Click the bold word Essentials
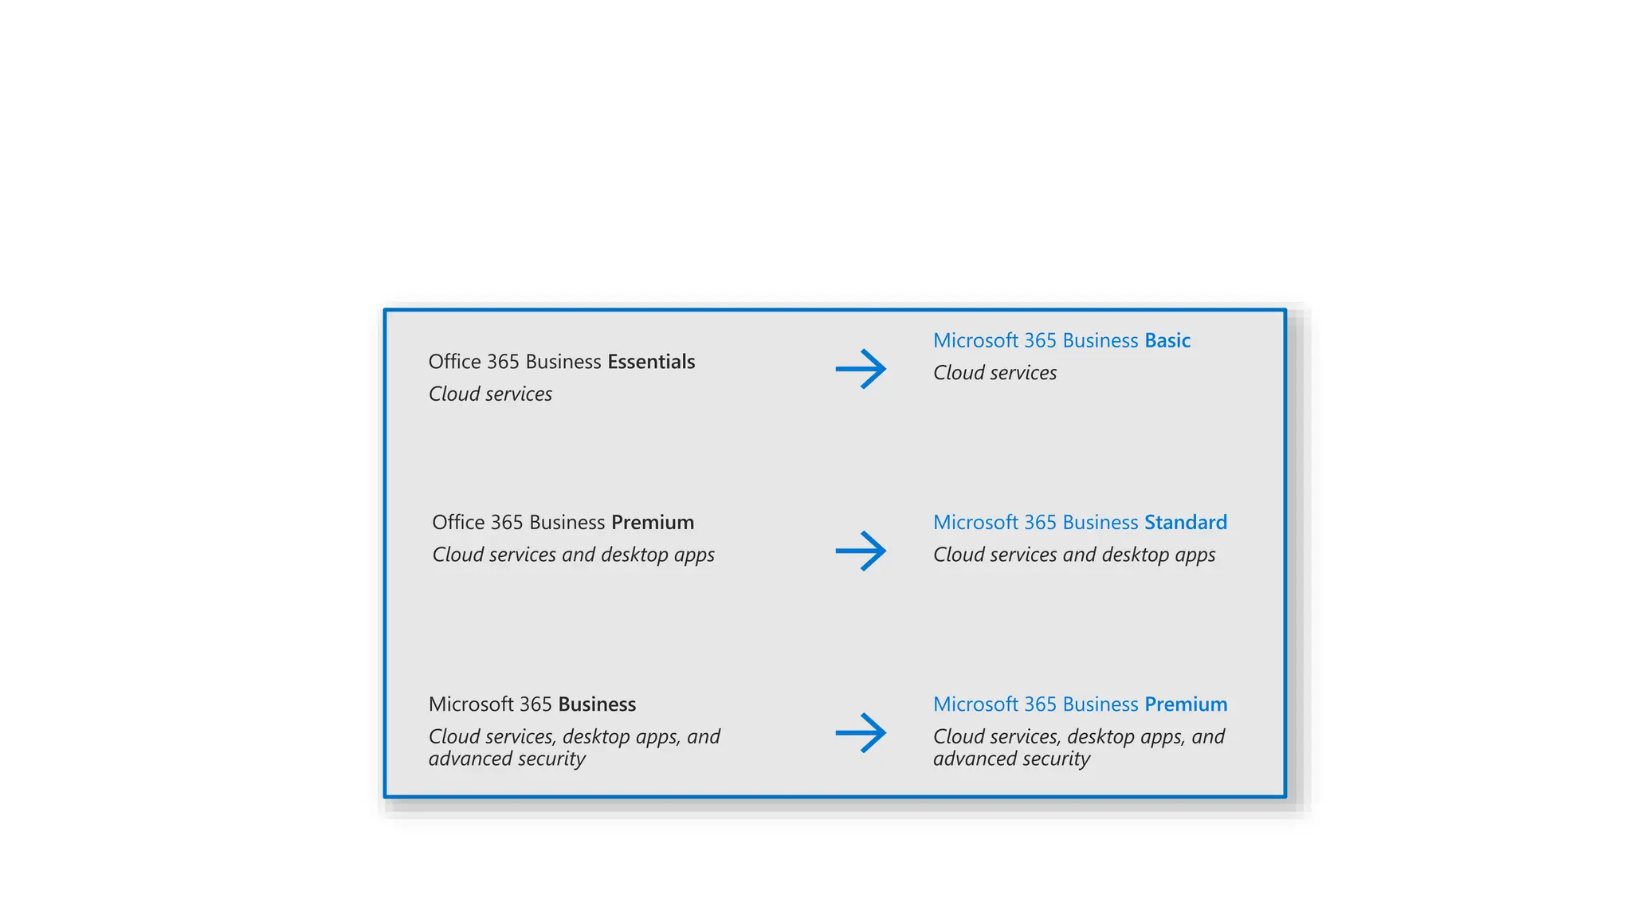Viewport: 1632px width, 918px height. click(x=651, y=362)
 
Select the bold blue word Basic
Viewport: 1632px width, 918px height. click(x=1167, y=340)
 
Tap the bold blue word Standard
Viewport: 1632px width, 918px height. click(x=1186, y=522)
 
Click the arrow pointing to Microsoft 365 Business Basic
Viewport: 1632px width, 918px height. click(x=861, y=369)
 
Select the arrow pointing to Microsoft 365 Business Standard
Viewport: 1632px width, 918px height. click(x=861, y=551)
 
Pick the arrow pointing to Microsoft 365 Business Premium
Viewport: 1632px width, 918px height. click(x=861, y=732)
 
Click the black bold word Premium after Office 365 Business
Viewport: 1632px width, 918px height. click(x=653, y=522)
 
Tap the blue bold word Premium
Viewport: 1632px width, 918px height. click(x=1186, y=704)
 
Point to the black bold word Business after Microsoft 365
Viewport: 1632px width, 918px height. click(x=597, y=704)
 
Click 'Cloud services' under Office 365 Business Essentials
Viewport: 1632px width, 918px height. click(x=490, y=394)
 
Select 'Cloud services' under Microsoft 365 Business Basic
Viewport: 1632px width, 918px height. click(x=994, y=372)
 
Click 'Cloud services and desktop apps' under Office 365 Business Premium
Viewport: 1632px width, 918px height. click(x=573, y=554)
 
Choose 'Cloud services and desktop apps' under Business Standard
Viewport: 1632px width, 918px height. click(x=1074, y=554)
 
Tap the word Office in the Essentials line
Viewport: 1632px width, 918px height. click(x=454, y=362)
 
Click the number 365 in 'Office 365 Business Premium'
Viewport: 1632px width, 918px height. click(x=507, y=522)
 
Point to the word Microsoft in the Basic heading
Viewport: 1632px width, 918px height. click(x=975, y=340)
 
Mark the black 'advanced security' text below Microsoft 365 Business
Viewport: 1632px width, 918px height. click(x=507, y=759)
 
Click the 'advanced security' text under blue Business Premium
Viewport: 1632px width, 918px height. click(x=1011, y=759)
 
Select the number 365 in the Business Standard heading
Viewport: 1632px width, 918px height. click(x=1040, y=522)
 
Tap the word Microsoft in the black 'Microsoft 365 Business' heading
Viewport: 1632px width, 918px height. click(x=470, y=704)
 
